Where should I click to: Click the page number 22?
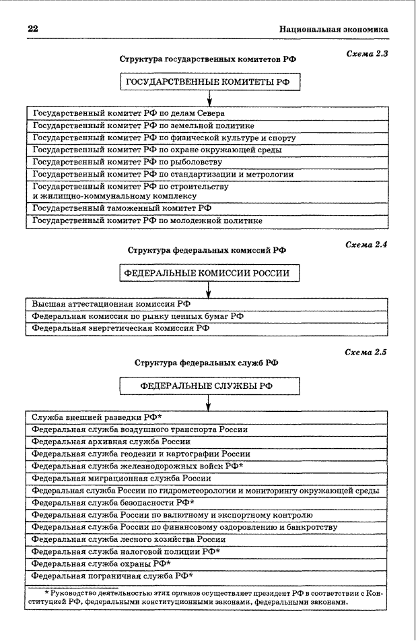32,29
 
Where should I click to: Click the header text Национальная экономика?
333,30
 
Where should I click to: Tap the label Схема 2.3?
366,53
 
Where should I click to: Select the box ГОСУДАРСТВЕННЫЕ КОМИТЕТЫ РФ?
209,82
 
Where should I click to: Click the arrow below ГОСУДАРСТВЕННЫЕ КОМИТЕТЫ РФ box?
209,98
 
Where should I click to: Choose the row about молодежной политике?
147,220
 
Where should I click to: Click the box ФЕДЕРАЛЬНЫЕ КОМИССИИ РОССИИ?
209,273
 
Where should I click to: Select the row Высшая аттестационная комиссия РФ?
104,304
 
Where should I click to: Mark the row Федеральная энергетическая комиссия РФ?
121,328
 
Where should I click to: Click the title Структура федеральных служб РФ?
206,363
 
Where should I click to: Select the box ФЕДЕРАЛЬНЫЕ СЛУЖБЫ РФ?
209,387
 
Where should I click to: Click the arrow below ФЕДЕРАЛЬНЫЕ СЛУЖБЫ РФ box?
209,402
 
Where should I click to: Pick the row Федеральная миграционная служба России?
121,478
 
